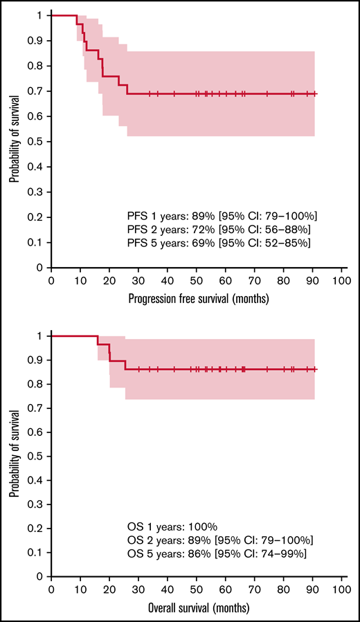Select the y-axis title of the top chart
pyautogui.click(x=14, y=141)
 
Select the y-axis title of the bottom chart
pyautogui.click(x=14, y=456)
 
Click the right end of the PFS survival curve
pyautogui.click(x=316, y=93)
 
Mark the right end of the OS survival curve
pyautogui.click(x=316, y=369)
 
